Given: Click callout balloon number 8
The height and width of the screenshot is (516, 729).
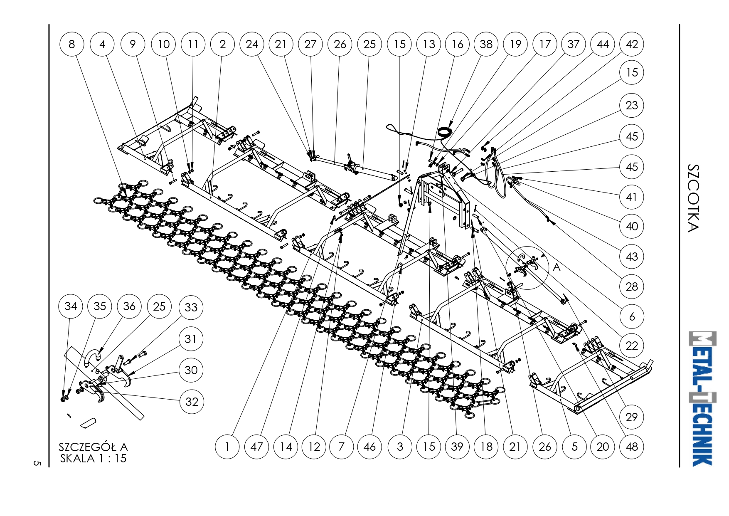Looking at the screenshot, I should tap(72, 44).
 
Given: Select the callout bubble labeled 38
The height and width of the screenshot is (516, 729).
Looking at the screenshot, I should tap(486, 44).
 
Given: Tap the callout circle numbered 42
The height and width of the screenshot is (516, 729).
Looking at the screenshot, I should tap(632, 44).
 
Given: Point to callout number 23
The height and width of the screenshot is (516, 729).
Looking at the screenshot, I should tap(632, 105).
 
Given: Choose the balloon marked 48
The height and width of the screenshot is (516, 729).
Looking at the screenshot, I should tap(632, 447).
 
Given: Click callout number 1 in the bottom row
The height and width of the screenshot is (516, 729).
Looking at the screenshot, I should tap(227, 447).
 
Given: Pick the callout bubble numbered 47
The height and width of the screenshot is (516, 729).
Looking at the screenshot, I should tap(256, 447).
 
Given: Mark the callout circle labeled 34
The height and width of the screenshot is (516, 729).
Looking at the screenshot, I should tap(71, 306).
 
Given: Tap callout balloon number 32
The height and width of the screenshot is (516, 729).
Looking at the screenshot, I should tap(192, 402).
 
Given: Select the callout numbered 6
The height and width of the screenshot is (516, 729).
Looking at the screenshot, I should tap(632, 316).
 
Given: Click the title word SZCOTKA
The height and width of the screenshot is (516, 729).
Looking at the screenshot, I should tap(693, 198).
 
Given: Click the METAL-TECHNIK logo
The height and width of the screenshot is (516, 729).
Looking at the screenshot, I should tap(702, 398).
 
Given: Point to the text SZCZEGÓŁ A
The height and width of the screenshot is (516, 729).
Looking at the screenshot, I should tap(93, 447).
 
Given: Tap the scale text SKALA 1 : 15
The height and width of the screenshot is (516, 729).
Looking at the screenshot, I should tap(93, 458).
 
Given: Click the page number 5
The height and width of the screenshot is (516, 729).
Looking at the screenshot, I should tap(37, 463).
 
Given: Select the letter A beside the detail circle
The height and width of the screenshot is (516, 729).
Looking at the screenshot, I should tap(557, 267).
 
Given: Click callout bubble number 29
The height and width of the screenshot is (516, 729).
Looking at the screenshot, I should tap(632, 417).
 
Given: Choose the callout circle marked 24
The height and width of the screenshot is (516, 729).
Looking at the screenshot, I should tap(252, 44).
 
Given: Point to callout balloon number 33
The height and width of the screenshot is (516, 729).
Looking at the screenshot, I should tap(191, 307).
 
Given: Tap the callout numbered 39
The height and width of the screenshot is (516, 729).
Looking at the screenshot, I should tap(457, 447).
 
